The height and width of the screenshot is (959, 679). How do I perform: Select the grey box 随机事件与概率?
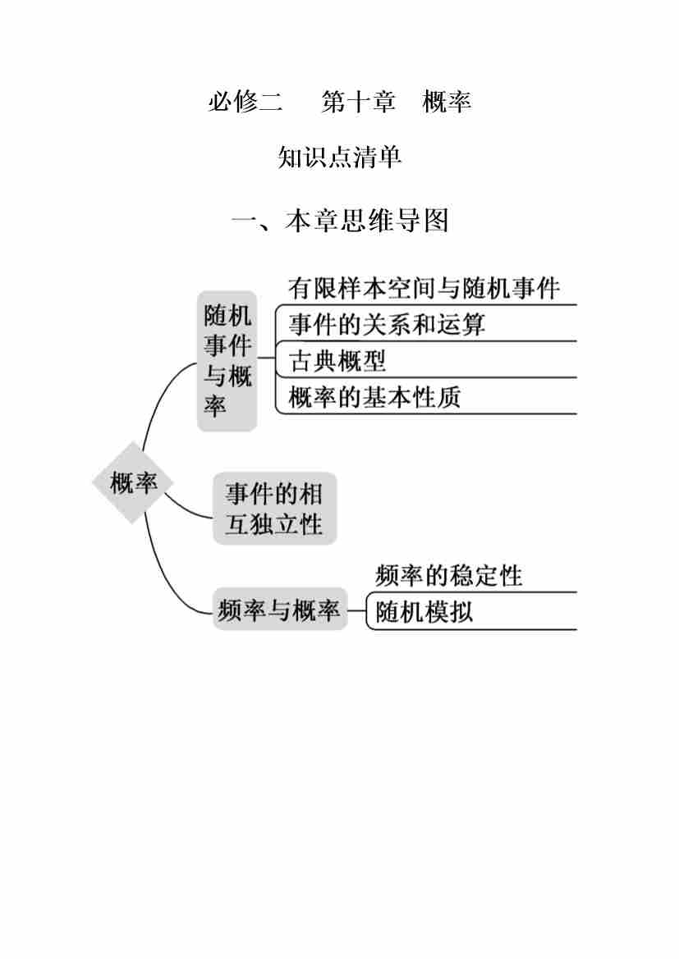pos(227,361)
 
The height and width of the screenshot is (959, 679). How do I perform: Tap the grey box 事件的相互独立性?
pos(274,509)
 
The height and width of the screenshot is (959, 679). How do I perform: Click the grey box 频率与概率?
pos(279,610)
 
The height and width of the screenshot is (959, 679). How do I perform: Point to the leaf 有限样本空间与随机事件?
pos(424,288)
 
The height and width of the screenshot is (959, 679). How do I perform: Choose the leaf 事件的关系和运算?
pos(387,324)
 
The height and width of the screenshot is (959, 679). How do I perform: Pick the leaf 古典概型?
pos(337,360)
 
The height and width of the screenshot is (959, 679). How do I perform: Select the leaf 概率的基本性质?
pos(374,397)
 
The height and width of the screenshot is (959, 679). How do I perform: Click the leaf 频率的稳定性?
pos(448,575)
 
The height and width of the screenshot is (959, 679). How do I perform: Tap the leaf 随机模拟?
pos(424,612)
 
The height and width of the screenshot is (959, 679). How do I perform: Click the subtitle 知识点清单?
pos(340,157)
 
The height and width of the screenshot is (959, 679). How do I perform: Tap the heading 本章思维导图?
pos(367,221)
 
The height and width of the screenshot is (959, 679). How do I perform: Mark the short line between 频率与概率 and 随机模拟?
pos(357,610)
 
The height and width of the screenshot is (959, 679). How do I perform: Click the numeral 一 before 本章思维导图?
pos(245,221)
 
